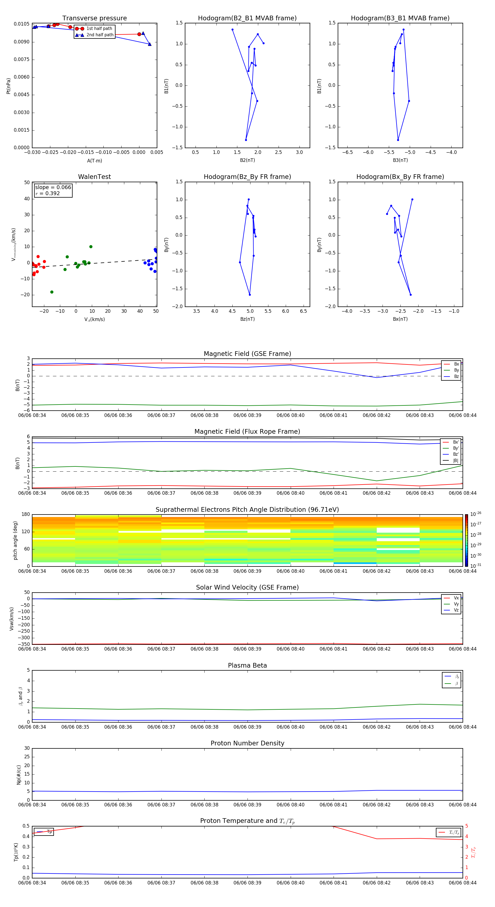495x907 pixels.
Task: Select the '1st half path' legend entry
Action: (x=99, y=29)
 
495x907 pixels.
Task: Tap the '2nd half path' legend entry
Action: (x=100, y=35)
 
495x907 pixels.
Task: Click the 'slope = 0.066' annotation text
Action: (x=53, y=187)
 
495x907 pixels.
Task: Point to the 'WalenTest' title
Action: (x=94, y=177)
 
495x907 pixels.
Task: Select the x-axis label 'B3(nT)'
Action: (x=400, y=160)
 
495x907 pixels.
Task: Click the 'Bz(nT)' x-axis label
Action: (x=247, y=319)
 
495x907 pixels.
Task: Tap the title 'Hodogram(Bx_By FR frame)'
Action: (x=400, y=177)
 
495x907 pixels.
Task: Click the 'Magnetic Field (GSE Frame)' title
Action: (x=247, y=354)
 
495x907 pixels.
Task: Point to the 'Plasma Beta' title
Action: (x=247, y=665)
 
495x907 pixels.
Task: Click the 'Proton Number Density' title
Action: (x=247, y=743)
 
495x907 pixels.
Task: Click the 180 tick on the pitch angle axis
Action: (x=26, y=515)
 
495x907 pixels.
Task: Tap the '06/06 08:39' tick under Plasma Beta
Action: (x=247, y=727)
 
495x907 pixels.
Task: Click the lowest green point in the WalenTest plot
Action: (x=52, y=292)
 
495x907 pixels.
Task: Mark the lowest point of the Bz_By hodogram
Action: (x=250, y=295)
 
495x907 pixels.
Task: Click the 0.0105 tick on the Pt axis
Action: (x=21, y=24)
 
